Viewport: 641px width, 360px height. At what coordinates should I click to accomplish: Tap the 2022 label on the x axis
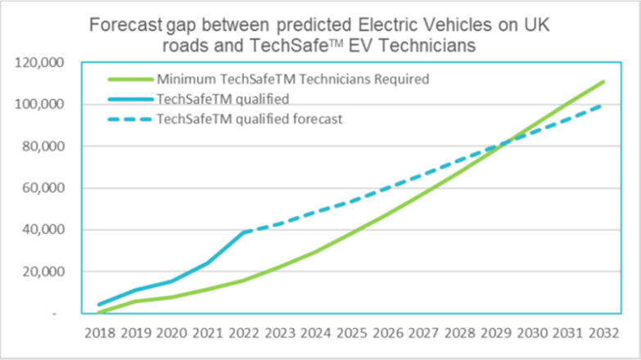245,333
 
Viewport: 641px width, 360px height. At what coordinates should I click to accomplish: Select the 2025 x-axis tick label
352,333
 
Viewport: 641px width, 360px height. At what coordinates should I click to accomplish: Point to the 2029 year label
495,333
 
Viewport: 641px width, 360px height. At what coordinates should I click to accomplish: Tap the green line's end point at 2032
603,81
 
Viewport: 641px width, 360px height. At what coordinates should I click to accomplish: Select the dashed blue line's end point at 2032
603,104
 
